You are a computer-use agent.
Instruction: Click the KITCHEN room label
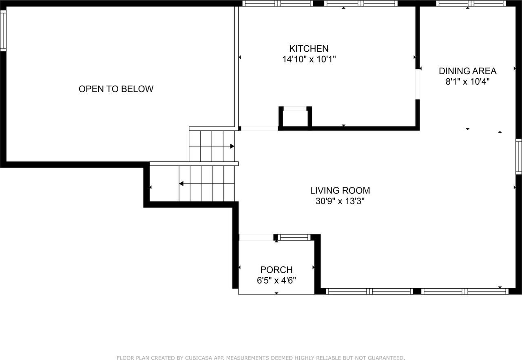coord(309,49)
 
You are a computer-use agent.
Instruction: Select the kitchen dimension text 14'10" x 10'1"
coord(309,59)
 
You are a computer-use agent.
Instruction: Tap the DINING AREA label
coord(467,71)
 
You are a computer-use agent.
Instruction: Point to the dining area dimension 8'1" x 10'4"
coord(467,82)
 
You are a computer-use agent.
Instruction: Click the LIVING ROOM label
coord(340,190)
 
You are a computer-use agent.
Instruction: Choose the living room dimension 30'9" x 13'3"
coord(340,201)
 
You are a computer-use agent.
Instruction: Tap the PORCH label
coord(276,270)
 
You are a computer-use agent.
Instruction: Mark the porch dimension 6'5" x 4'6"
coord(276,280)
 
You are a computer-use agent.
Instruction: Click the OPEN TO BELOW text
coord(116,89)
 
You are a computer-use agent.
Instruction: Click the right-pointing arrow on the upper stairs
coord(232,146)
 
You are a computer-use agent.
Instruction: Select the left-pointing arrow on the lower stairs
coord(181,184)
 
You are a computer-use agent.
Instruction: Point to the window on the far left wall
coord(3,31)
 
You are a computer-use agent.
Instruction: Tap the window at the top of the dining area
coord(471,4)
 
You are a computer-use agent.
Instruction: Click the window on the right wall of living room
coord(518,157)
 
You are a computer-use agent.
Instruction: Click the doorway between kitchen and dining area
coord(418,84)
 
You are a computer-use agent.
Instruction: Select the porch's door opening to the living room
coord(256,237)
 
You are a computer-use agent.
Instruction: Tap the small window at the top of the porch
coord(294,237)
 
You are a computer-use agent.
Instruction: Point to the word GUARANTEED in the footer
coord(384,358)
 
